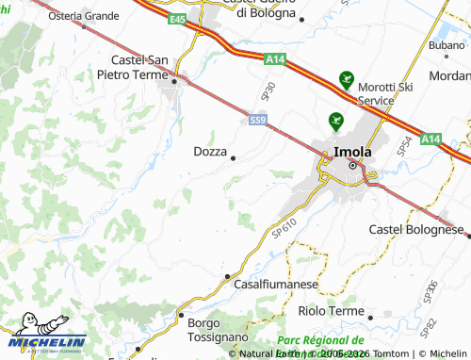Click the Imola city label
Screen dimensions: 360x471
tap(351, 151)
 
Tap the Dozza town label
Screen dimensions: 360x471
tap(209, 151)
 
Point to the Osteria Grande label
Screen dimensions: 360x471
tap(84, 16)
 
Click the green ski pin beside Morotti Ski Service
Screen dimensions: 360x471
tap(346, 81)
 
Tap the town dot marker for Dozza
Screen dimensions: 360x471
tap(233, 158)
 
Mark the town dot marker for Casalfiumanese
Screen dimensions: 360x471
tap(227, 276)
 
